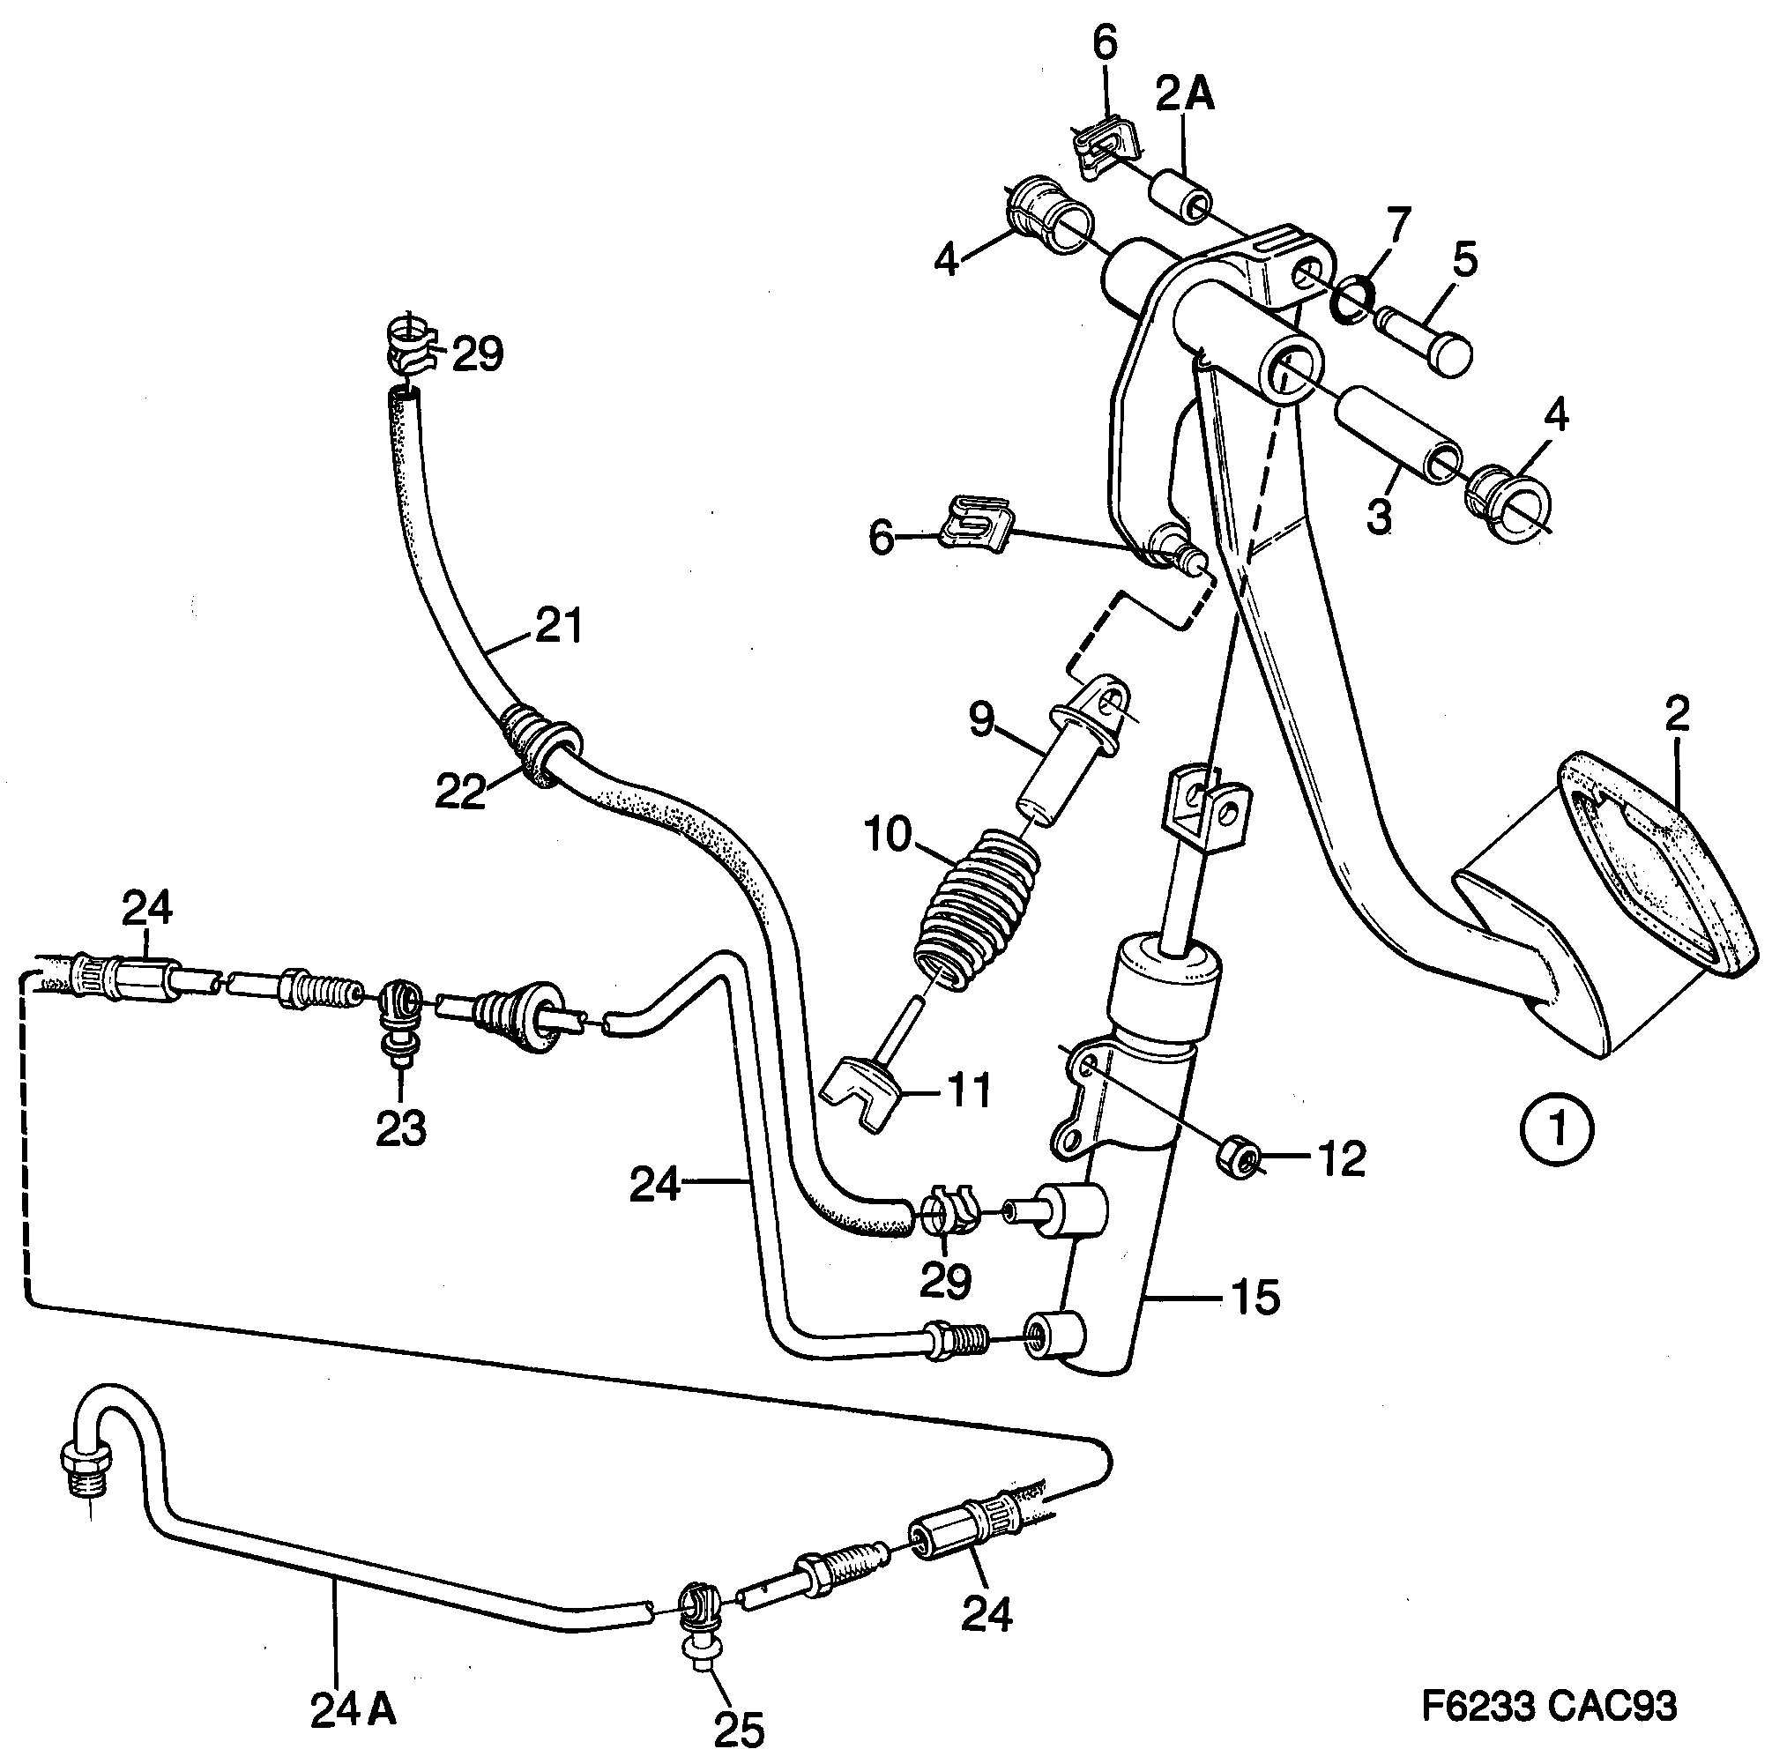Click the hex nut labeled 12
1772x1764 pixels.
[x=1239, y=1162]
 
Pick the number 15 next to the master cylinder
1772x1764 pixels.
[x=1255, y=1298]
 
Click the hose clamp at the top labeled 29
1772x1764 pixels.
[x=408, y=346]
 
